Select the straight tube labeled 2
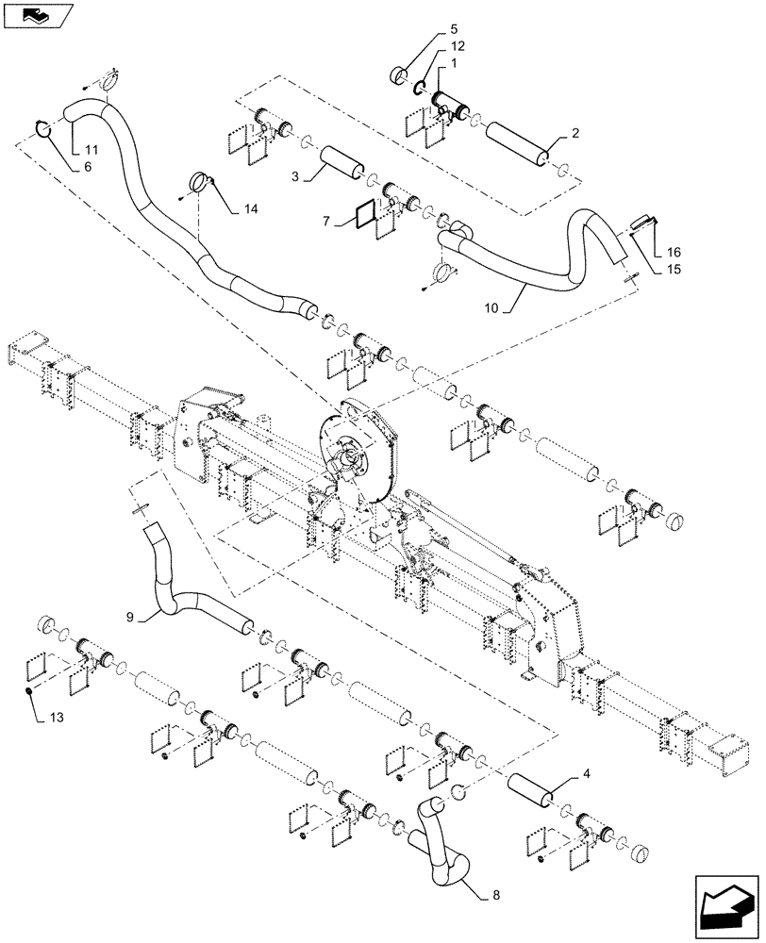[x=515, y=141]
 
